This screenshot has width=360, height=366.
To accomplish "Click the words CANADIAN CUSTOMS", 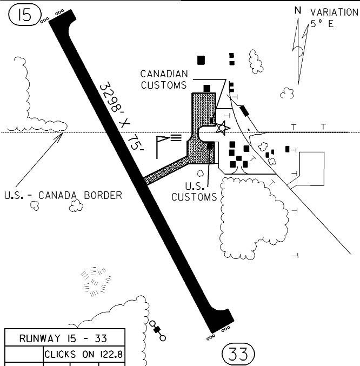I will click(x=164, y=79).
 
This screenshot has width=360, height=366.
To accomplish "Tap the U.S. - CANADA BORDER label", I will click(x=63, y=195).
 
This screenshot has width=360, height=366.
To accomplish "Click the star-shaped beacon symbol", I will click(x=222, y=128).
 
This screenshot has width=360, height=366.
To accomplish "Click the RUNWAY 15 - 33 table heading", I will click(x=63, y=339).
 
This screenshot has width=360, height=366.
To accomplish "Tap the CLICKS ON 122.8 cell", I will click(x=84, y=355).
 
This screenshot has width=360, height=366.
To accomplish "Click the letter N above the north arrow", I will click(x=297, y=10).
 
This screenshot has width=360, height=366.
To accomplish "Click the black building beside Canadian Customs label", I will click(x=206, y=88).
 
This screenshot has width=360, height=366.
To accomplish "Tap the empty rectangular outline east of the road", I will click(x=312, y=168).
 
